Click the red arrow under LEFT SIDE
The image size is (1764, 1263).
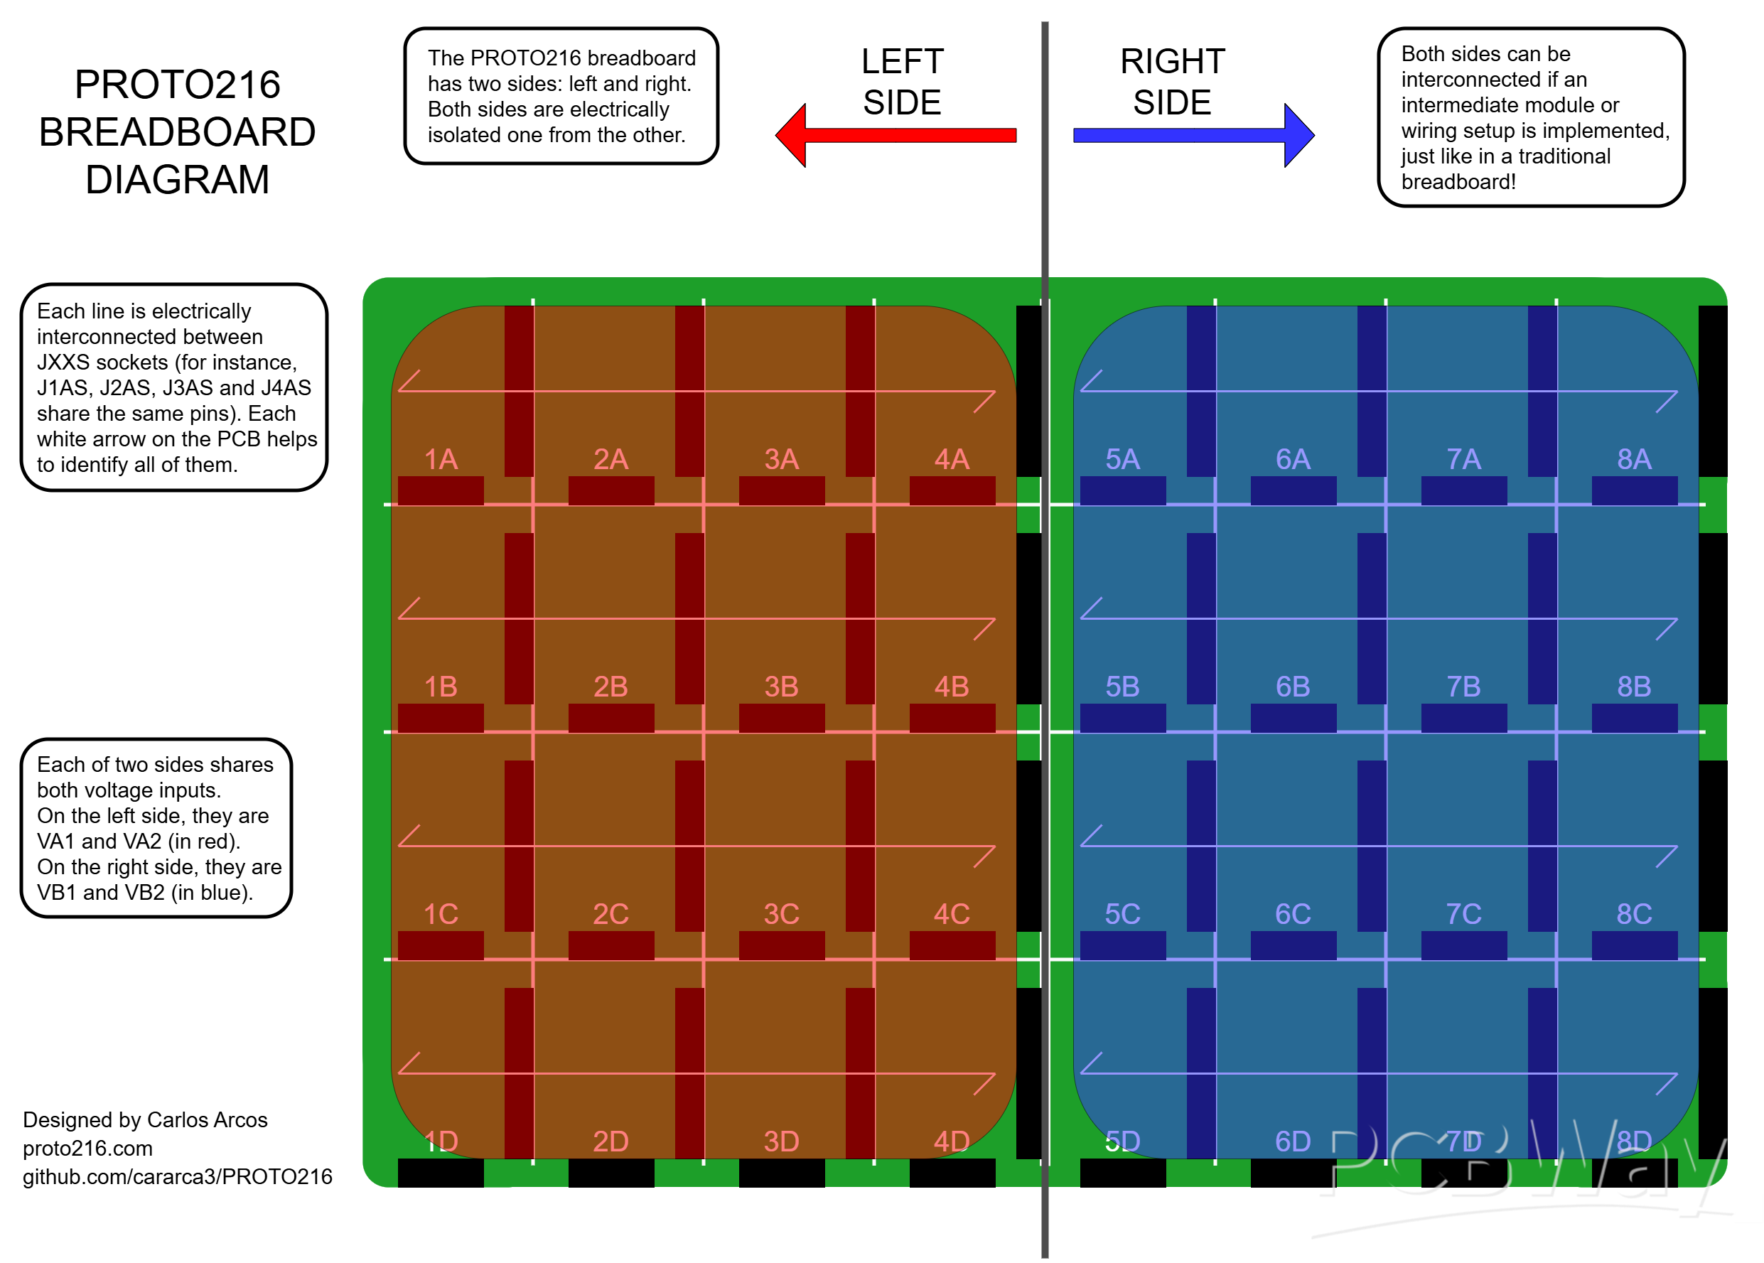(895, 135)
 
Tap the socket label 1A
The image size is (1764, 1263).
(440, 460)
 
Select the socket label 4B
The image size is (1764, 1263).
(951, 687)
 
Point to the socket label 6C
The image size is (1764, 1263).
(1293, 914)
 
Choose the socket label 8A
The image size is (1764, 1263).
(1633, 460)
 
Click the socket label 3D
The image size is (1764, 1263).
(781, 1141)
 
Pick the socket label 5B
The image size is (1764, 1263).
(1122, 687)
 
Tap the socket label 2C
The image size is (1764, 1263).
(611, 914)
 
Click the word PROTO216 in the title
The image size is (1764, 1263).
(178, 84)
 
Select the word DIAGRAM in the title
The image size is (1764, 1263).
(178, 180)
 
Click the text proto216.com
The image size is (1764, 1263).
(88, 1148)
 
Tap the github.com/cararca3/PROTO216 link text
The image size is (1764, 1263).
(178, 1177)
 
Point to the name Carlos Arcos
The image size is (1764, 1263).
(207, 1120)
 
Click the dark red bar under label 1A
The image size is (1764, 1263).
(440, 490)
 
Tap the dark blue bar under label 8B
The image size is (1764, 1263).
(1633, 718)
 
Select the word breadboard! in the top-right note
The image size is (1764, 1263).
(1458, 182)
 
